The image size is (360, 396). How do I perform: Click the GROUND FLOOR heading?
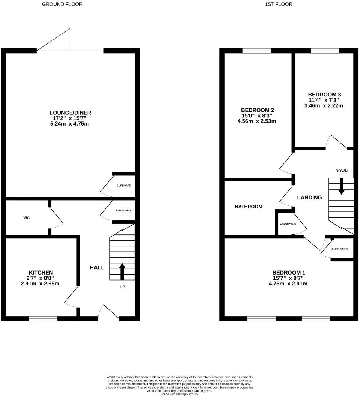pos(62,4)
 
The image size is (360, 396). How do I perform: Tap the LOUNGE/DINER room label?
pos(70,112)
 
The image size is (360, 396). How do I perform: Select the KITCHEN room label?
pos(41,272)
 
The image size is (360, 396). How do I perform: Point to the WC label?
pos(26,217)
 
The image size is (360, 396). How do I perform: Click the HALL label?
pos(97,267)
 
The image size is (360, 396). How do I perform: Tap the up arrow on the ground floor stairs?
pos(122,271)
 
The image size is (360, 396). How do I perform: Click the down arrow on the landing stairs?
pos(341,186)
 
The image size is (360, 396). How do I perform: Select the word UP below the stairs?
pos(122,287)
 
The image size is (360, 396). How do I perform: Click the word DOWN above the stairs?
pos(341,171)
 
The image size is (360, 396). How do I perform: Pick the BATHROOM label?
pos(249,207)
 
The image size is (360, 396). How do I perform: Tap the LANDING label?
pos(309,198)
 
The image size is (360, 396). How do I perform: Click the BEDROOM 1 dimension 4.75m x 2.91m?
pos(288,283)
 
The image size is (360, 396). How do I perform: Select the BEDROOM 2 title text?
pos(257,110)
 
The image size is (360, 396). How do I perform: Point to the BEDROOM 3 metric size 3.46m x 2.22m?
pos(324,105)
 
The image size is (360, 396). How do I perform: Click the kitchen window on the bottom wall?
pos(43,319)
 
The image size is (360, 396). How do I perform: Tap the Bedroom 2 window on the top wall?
pos(256,51)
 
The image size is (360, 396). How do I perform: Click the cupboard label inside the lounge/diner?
pos(124,186)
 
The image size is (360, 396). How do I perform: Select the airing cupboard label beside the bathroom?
pos(288,224)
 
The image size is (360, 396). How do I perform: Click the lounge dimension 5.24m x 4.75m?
pos(70,124)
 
